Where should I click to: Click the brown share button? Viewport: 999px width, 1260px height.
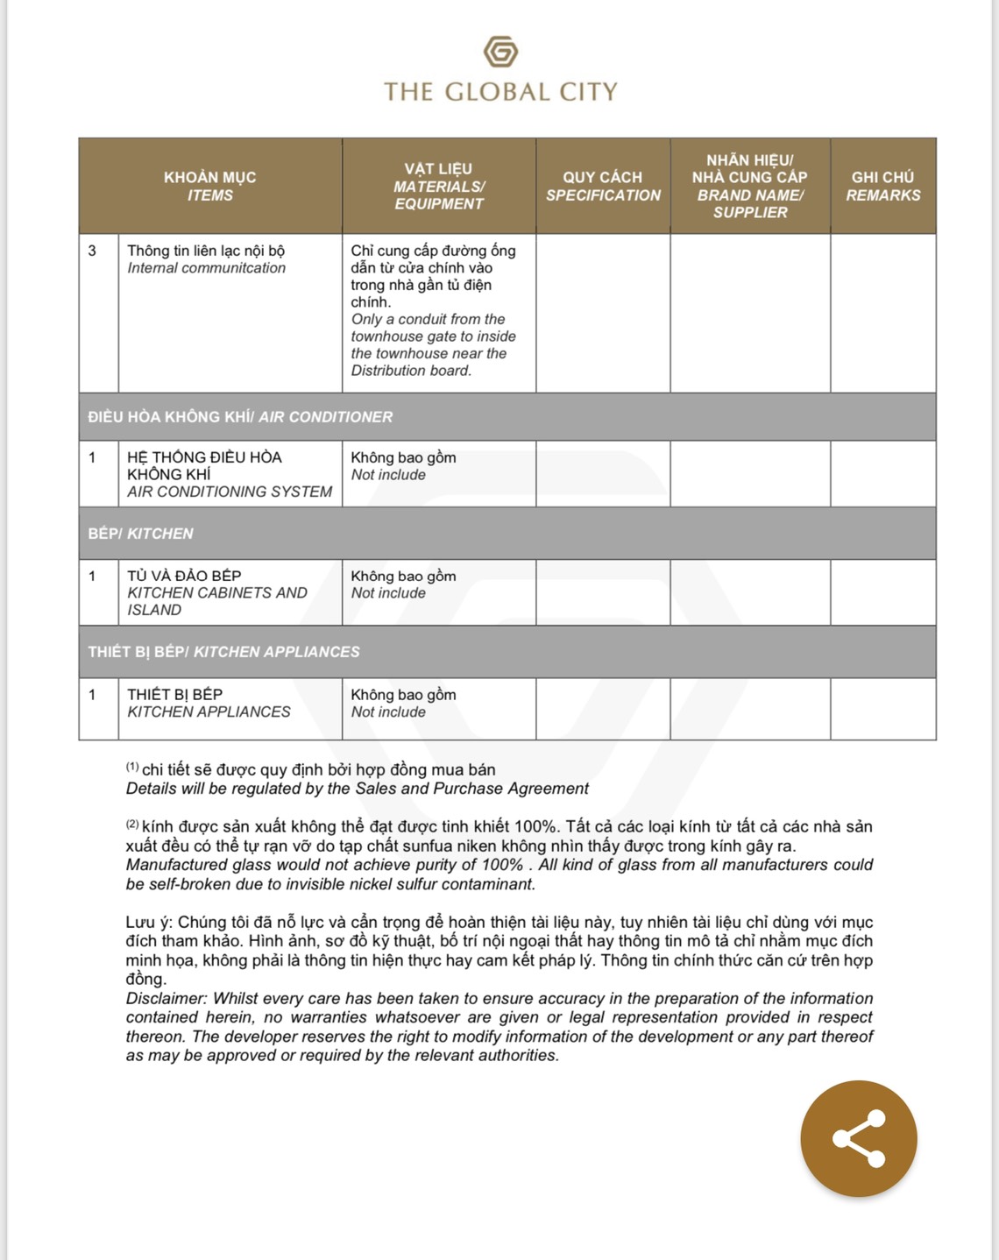point(858,1138)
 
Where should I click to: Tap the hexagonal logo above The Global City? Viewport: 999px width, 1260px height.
point(500,52)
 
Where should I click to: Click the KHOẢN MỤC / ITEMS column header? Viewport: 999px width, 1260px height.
point(210,186)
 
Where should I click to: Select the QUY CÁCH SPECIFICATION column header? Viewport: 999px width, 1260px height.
point(603,186)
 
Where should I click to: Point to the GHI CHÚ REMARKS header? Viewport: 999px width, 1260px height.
point(882,186)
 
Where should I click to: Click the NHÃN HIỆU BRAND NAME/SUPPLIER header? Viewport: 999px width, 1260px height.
point(749,186)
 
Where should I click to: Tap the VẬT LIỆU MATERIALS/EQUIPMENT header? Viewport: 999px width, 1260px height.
point(438,186)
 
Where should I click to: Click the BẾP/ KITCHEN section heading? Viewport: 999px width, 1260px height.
point(140,534)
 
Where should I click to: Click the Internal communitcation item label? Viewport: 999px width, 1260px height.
point(206,268)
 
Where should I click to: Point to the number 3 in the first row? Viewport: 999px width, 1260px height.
point(92,251)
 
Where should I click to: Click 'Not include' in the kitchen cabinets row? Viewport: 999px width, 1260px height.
point(388,593)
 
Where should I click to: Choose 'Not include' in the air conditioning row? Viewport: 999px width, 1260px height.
point(388,475)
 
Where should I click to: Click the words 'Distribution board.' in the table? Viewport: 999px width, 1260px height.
point(411,371)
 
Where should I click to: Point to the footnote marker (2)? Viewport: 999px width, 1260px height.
point(132,825)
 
